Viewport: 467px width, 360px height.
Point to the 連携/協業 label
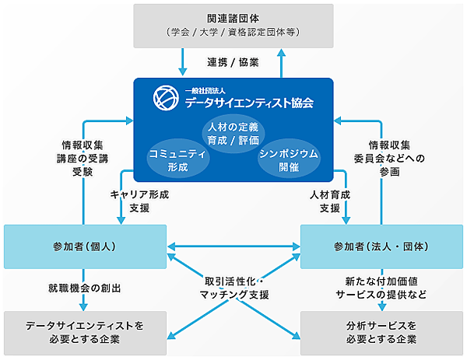point(233,61)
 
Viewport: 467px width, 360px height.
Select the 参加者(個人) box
point(86,246)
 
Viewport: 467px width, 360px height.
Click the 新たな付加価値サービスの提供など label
point(381,288)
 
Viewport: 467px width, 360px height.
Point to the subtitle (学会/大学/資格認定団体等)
point(233,32)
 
